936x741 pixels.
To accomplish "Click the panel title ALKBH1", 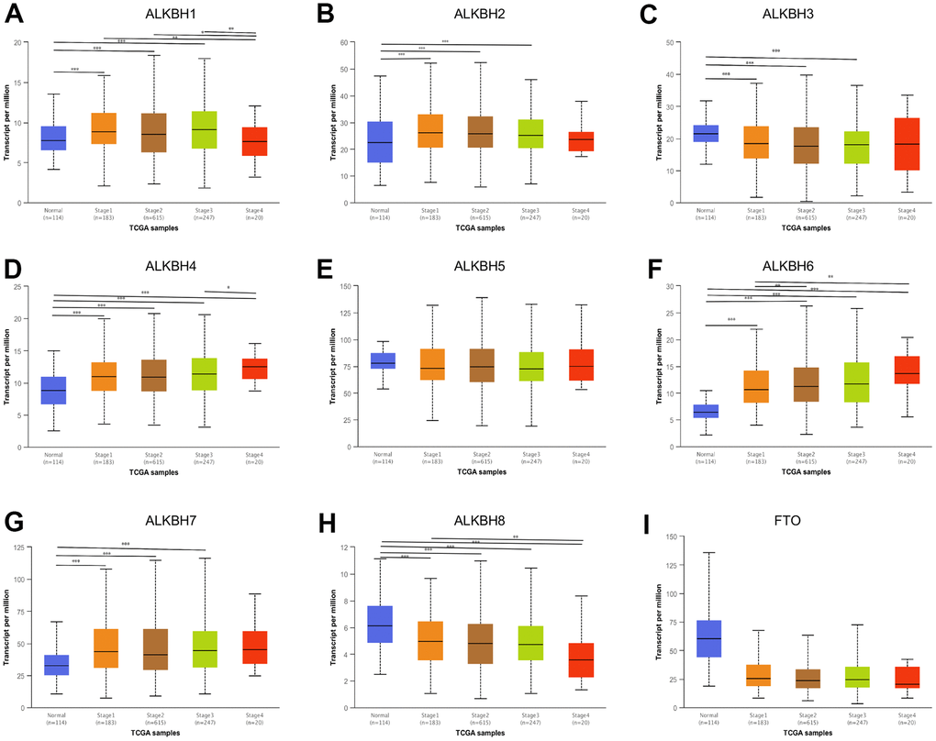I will (x=154, y=13).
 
